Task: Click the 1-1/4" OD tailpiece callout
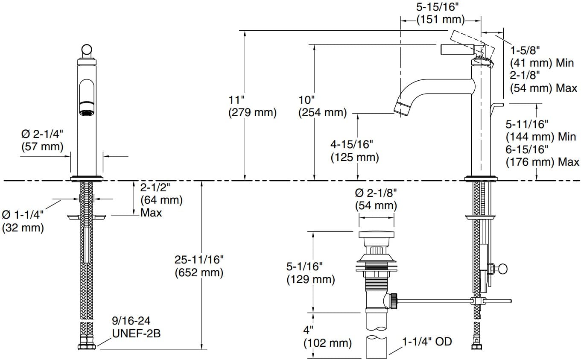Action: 427,342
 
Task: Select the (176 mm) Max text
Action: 543,162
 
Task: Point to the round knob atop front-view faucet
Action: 87,50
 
